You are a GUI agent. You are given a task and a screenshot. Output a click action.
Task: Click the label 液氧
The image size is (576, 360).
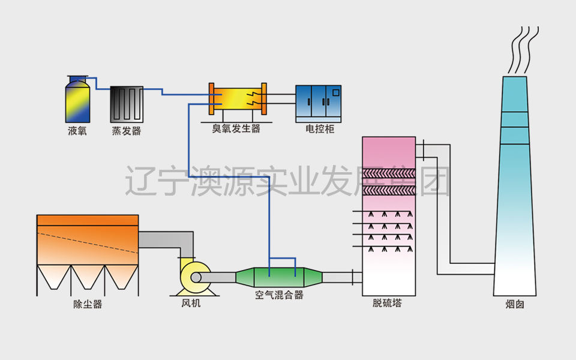(77, 131)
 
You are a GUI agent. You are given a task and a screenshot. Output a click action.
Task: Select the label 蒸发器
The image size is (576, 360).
(126, 131)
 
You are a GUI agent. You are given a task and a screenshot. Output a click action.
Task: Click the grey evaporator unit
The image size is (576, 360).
(126, 104)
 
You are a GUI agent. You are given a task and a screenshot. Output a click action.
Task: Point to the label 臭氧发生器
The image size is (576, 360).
(236, 128)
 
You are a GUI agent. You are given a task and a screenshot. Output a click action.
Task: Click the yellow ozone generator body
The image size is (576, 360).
(236, 98)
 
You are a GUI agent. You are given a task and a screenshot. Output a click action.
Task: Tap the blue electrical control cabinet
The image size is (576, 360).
(318, 101)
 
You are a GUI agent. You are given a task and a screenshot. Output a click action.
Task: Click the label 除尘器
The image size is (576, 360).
(88, 304)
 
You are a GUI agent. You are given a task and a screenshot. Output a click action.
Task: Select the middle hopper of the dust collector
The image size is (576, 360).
(88, 277)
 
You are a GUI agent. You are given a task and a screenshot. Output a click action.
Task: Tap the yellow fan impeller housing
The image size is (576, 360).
(194, 277)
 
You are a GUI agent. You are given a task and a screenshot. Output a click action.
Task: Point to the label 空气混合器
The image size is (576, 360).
(279, 295)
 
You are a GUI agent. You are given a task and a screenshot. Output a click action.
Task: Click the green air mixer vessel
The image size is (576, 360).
(279, 277)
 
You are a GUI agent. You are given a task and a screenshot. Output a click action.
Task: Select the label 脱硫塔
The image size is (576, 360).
(387, 304)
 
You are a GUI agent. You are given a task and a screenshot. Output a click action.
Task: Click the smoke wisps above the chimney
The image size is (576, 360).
(520, 48)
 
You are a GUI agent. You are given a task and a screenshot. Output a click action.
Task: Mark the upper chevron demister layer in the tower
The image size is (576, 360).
(388, 175)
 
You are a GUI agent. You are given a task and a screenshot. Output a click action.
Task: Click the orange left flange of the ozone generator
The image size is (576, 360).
(211, 98)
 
